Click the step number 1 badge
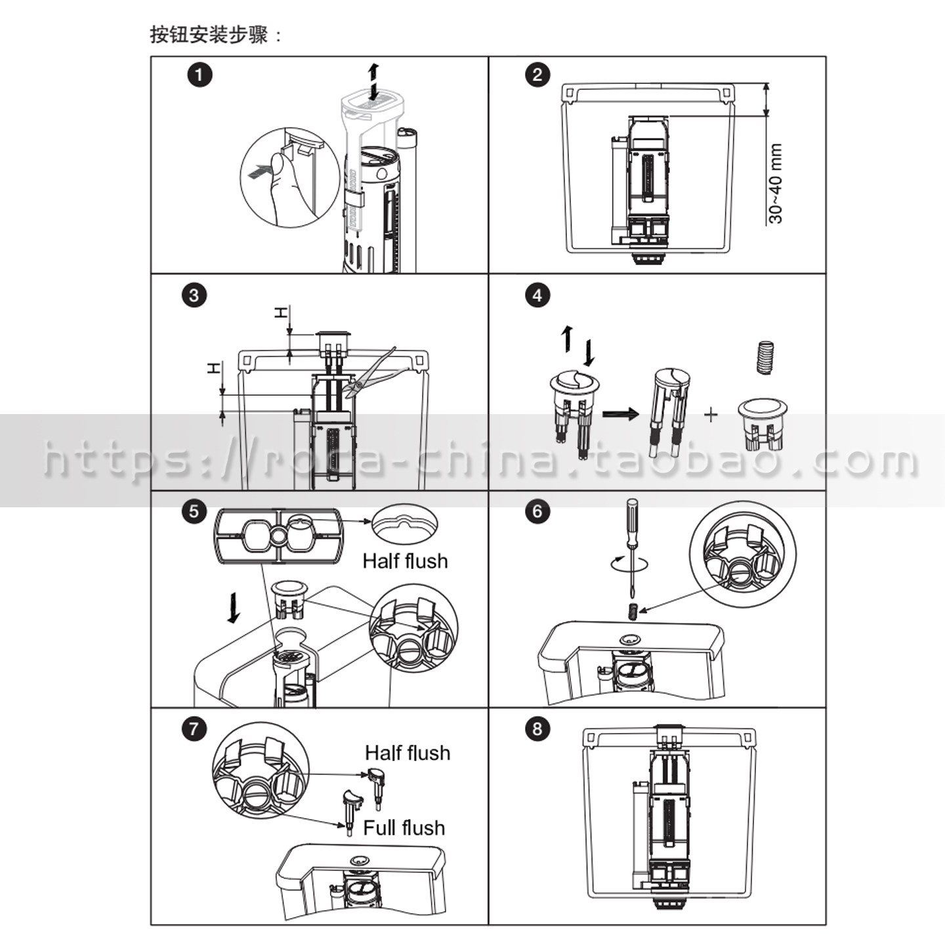pos(199,75)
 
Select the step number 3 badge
pos(194,296)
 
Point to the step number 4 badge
pos(537,296)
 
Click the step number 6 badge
pos(537,511)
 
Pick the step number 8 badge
pos(537,729)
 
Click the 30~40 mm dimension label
pos(776,183)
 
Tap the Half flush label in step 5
pos(405,561)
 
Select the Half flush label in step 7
pos(408,753)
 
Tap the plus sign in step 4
pos(711,415)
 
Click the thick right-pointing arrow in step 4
pos(620,414)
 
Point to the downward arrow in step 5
pos(234,608)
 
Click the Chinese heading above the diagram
pos(217,35)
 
